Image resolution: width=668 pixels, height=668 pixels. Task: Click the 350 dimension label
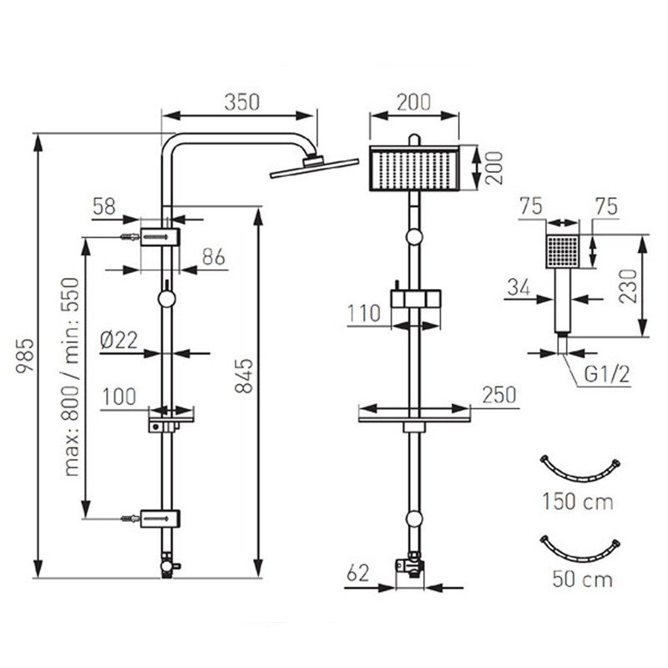click(x=241, y=102)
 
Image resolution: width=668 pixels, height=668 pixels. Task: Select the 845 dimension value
click(x=245, y=376)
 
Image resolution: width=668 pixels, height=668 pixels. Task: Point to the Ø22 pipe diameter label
click(x=119, y=340)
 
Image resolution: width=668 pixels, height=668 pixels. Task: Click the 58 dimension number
click(x=104, y=206)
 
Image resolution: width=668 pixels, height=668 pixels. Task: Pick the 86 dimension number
click(x=214, y=257)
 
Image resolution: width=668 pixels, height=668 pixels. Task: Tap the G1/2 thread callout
click(x=607, y=375)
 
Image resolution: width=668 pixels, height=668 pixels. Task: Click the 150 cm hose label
click(x=578, y=502)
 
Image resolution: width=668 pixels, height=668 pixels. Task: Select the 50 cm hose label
click(x=582, y=579)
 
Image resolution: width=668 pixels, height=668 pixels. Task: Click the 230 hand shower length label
click(x=628, y=286)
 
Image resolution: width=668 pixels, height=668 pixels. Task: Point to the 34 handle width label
click(x=519, y=287)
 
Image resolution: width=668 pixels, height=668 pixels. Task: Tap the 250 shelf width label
click(x=498, y=395)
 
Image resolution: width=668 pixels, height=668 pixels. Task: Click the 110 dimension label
click(x=364, y=314)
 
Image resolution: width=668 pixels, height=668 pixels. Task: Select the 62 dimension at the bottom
click(x=358, y=574)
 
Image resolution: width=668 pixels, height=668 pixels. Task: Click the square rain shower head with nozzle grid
click(x=414, y=169)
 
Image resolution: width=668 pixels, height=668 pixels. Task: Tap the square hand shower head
click(x=563, y=251)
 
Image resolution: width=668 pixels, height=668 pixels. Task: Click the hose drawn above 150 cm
click(x=579, y=473)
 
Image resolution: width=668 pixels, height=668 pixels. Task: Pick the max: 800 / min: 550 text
click(x=71, y=377)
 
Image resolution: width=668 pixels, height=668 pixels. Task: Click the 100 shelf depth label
click(x=119, y=397)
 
